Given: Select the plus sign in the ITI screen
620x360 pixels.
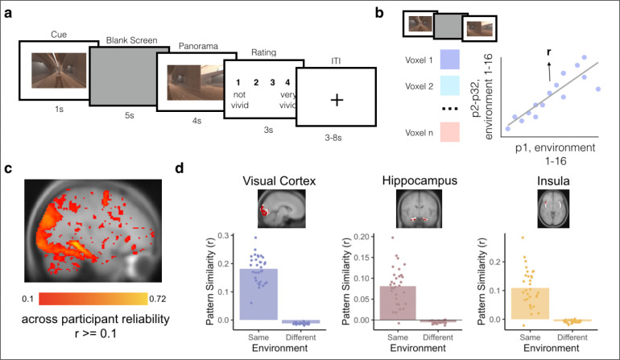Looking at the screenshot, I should tap(337, 99).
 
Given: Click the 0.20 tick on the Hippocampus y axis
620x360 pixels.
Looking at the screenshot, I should tap(362, 237).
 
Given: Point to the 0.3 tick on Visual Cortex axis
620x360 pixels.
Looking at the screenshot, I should tap(227, 235).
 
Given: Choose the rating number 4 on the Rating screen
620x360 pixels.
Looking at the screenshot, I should tap(287, 82).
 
